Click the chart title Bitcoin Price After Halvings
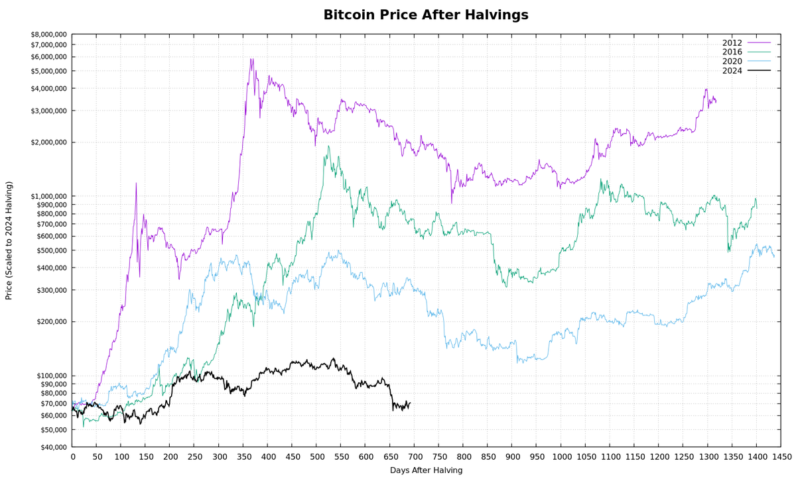tap(426, 15)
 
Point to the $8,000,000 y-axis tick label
tap(48, 34)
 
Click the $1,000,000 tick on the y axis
tap(48, 196)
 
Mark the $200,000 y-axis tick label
tap(51, 322)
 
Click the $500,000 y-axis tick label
tap(51, 250)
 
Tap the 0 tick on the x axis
tap(72, 456)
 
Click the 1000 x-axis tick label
tap(562, 456)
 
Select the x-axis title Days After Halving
tap(426, 470)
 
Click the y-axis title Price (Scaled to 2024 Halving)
tap(9, 240)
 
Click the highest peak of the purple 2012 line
tap(251, 58)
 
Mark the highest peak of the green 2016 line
tap(328, 146)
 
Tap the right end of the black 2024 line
tap(410, 403)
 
